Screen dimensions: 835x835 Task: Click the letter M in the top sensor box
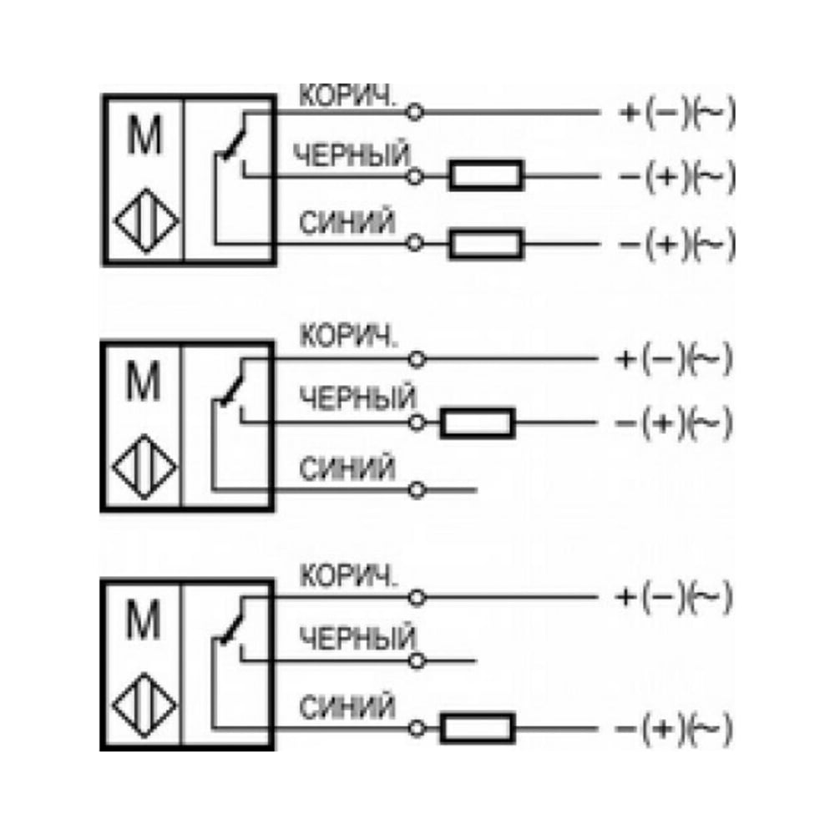[x=144, y=135]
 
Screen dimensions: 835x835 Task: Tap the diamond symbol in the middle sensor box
[x=144, y=467]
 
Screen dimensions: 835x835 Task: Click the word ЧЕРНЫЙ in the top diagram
[x=352, y=155]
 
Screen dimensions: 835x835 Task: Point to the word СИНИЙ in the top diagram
[x=347, y=222]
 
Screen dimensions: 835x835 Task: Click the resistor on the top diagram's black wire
[x=486, y=175]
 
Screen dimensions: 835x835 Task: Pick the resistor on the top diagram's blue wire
[x=486, y=244]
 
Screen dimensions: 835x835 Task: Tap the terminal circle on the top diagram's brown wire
[x=415, y=113]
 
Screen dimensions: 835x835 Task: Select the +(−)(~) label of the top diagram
[x=677, y=113]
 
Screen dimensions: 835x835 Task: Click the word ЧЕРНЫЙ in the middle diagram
[x=357, y=397]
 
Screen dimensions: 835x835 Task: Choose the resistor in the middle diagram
[x=478, y=423]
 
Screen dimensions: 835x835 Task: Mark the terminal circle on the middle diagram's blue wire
[x=417, y=490]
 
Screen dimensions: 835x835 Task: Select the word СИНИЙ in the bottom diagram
[x=347, y=707]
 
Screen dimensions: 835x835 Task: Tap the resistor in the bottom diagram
[x=478, y=728]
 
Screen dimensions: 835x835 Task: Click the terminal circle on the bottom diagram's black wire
[x=417, y=661]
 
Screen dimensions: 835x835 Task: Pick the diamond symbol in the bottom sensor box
[x=144, y=705]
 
